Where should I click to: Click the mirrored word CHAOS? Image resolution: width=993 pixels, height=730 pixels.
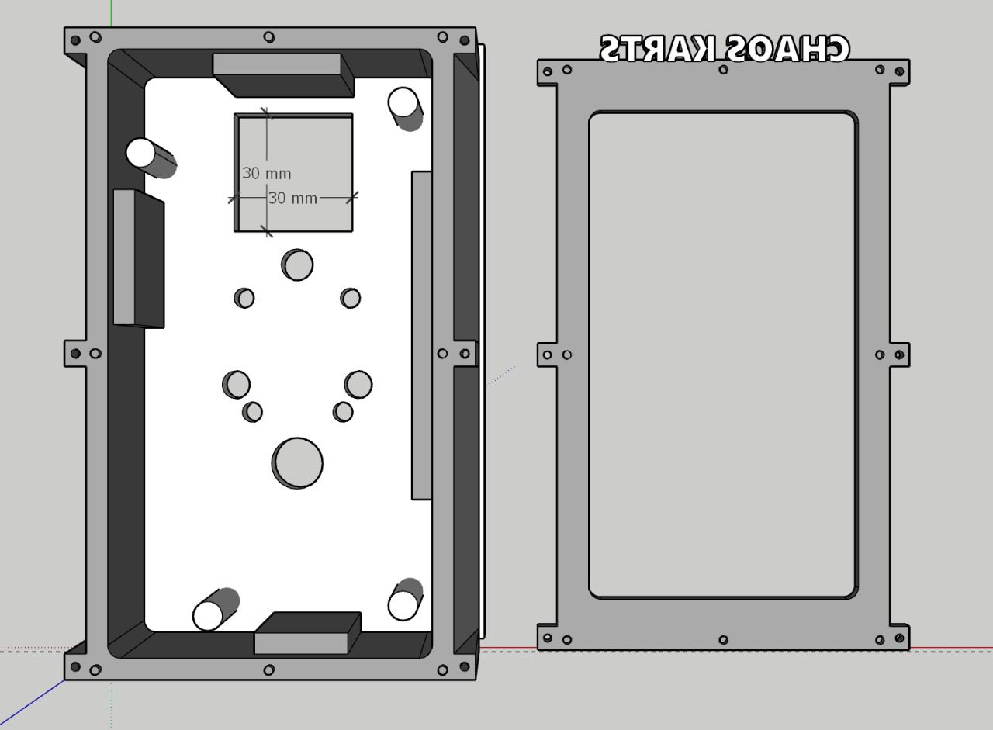tap(787, 48)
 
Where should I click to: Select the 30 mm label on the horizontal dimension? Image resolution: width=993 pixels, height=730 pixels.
tap(292, 198)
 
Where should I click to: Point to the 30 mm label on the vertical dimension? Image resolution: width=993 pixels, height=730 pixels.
tap(267, 173)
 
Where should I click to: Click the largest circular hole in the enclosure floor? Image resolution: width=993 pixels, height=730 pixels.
tap(297, 463)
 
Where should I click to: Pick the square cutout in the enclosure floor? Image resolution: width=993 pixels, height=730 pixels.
tap(293, 172)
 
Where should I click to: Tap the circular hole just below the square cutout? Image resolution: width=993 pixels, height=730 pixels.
tap(297, 265)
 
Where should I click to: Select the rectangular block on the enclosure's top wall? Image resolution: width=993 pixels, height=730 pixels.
tap(284, 75)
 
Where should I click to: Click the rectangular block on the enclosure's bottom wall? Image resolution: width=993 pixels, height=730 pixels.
tap(307, 633)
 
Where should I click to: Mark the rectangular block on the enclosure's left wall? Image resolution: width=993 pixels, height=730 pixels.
tap(139, 259)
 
